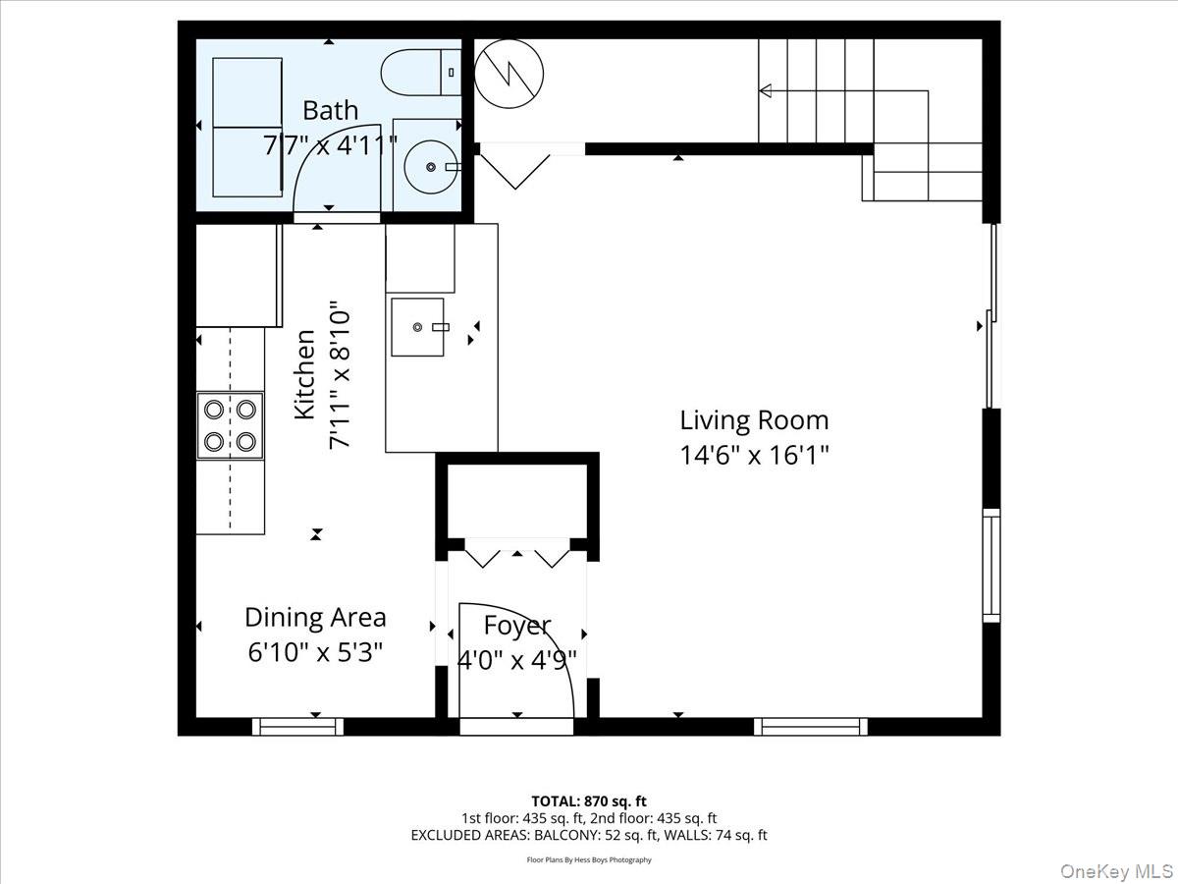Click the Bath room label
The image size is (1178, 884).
pyautogui.click(x=330, y=110)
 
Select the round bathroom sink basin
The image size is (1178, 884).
pyautogui.click(x=431, y=167)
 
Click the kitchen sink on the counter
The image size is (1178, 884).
pyautogui.click(x=418, y=327)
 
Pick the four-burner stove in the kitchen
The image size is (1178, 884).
pyautogui.click(x=231, y=424)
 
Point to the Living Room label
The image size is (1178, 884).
pyautogui.click(x=754, y=420)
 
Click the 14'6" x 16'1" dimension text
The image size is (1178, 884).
pyautogui.click(x=754, y=456)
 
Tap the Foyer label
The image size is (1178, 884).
pyautogui.click(x=517, y=625)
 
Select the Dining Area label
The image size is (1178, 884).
pyautogui.click(x=315, y=617)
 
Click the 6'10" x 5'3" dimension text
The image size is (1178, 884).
pyautogui.click(x=315, y=651)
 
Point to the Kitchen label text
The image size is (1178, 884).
pyautogui.click(x=305, y=375)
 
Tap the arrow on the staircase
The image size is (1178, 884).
pyautogui.click(x=767, y=91)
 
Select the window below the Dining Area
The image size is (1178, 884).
pyautogui.click(x=297, y=727)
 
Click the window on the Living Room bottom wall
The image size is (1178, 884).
pyautogui.click(x=811, y=727)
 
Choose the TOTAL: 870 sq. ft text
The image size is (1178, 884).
pyautogui.click(x=589, y=801)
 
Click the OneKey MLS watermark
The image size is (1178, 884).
pyautogui.click(x=1125, y=870)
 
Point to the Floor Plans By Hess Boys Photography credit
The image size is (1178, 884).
pyautogui.click(x=589, y=859)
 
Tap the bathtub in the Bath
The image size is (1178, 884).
pyautogui.click(x=248, y=128)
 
